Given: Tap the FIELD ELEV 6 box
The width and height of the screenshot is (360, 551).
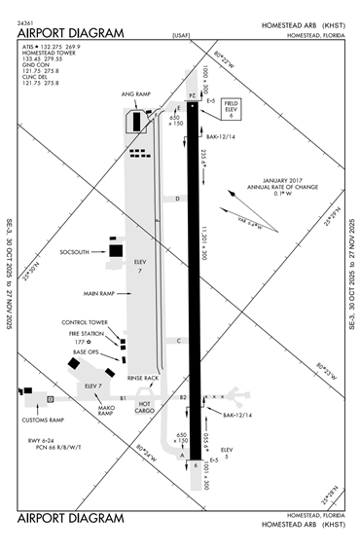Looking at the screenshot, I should pos(231,108).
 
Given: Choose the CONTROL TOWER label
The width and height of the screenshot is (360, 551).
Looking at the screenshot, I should pos(85,322).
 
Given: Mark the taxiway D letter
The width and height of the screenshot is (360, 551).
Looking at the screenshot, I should pos(178,199).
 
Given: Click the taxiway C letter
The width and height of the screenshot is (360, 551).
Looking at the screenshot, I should pos(178,340).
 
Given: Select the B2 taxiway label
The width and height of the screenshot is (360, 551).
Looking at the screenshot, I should pos(181,398).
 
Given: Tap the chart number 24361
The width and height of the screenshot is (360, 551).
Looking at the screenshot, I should pos(27,21).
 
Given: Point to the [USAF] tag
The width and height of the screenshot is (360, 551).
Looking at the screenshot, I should pos(180,34).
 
